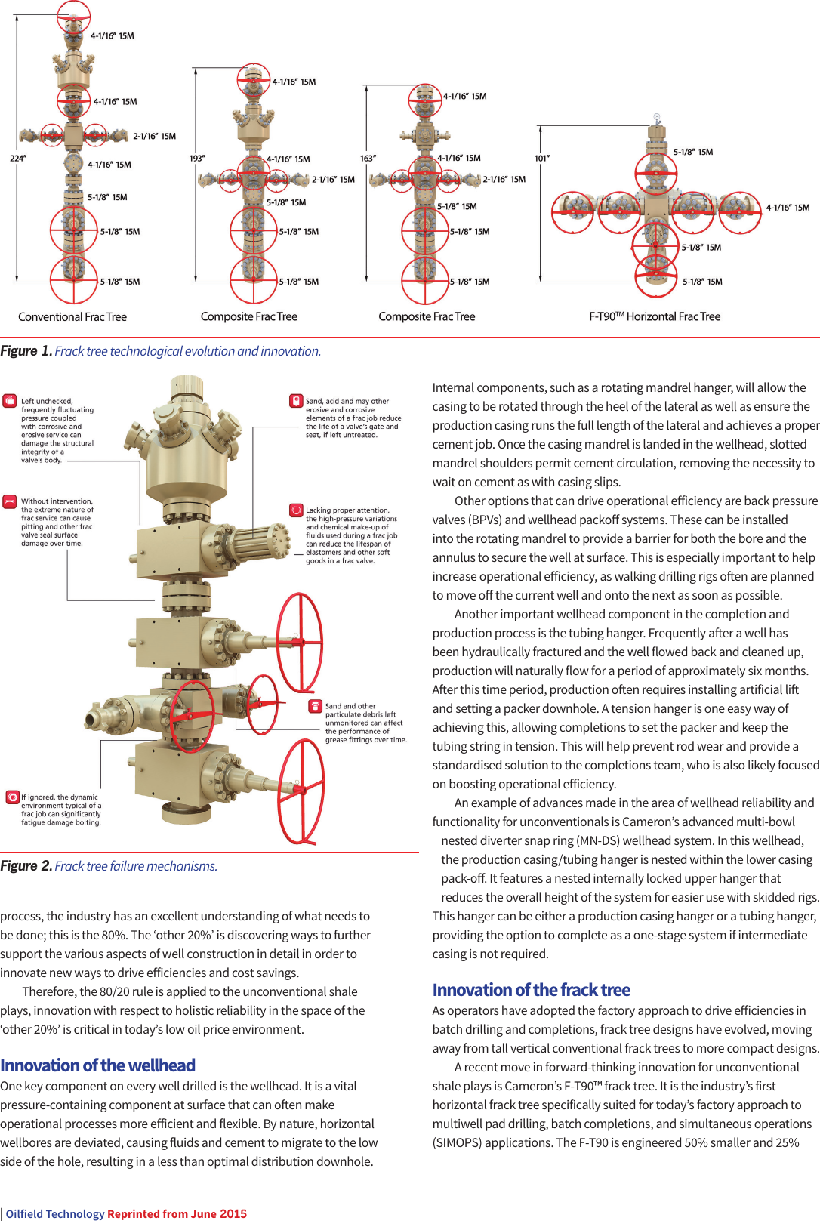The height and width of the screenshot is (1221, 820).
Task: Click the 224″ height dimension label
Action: (x=17, y=159)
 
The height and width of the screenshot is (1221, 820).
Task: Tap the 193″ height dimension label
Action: (x=196, y=159)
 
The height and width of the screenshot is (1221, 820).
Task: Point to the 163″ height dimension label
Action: (x=368, y=159)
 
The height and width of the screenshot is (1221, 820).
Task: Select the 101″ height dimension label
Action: (x=542, y=159)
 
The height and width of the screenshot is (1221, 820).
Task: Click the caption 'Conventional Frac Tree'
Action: (x=72, y=317)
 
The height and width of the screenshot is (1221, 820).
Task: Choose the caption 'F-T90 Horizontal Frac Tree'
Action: (x=655, y=317)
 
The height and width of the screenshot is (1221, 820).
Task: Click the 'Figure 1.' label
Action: (x=26, y=351)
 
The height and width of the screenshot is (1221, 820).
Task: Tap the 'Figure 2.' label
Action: (x=26, y=866)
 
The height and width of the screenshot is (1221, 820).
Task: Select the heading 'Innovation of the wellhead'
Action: (x=97, y=1065)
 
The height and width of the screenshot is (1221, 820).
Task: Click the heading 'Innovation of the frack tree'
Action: (x=531, y=990)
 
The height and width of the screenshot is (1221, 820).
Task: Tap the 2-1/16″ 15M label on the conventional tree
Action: (x=154, y=137)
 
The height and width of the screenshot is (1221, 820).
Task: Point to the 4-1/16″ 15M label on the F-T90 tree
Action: (x=788, y=208)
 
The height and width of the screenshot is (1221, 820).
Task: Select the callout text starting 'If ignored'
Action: (x=61, y=809)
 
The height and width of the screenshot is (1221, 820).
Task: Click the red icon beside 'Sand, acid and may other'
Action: (x=296, y=401)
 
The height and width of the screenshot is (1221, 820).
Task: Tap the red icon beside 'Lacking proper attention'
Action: (x=296, y=510)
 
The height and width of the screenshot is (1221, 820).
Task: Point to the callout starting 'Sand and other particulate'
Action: (x=365, y=723)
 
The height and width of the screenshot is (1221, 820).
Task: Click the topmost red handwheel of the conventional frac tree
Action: (x=73, y=15)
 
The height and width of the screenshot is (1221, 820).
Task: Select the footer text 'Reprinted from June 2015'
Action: (x=177, y=1214)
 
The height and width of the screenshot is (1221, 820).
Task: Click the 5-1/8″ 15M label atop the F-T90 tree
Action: (x=692, y=153)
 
